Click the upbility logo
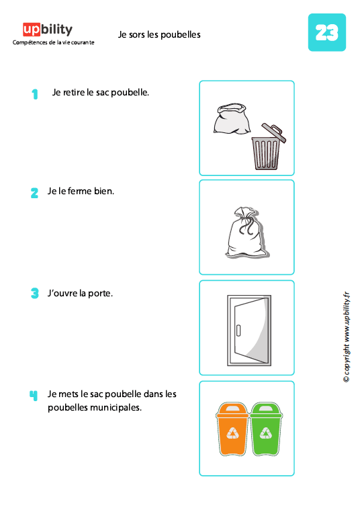(47, 29)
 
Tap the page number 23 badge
(326, 32)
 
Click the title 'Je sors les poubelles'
(159, 34)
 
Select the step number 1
(34, 94)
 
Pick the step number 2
(34, 193)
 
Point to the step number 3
(34, 294)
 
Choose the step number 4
(34, 395)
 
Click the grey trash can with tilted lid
(265, 148)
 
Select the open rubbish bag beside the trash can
(230, 122)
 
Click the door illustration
(246, 327)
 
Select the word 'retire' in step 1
(74, 92)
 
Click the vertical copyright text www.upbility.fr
(347, 336)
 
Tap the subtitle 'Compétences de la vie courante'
(54, 42)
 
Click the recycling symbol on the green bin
(267, 433)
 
